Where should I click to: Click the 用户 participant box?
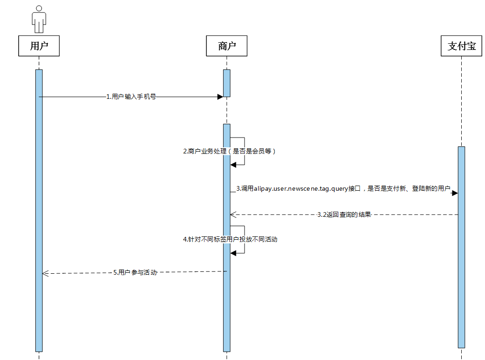point(39,46)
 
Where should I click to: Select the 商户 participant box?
point(227,46)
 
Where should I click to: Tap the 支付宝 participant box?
point(461,46)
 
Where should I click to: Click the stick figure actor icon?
point(39,19)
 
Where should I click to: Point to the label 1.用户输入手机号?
point(131,97)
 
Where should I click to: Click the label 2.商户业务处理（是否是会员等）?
point(229,152)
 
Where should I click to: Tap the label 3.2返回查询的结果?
point(344,215)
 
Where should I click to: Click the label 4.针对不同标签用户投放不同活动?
point(230,239)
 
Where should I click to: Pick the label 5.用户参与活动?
point(135,272)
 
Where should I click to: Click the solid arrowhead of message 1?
point(220,97)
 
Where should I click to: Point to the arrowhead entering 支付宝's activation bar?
point(455,192)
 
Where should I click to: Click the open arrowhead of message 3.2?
point(233,215)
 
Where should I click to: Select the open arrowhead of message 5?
point(46,274)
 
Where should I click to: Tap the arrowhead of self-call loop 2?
point(233,164)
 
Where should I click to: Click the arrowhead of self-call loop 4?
point(233,252)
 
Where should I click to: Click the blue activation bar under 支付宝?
point(461,247)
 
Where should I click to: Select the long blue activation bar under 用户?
point(39,210)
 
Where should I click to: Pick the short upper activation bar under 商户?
point(227,83)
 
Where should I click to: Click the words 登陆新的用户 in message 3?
point(431,189)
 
